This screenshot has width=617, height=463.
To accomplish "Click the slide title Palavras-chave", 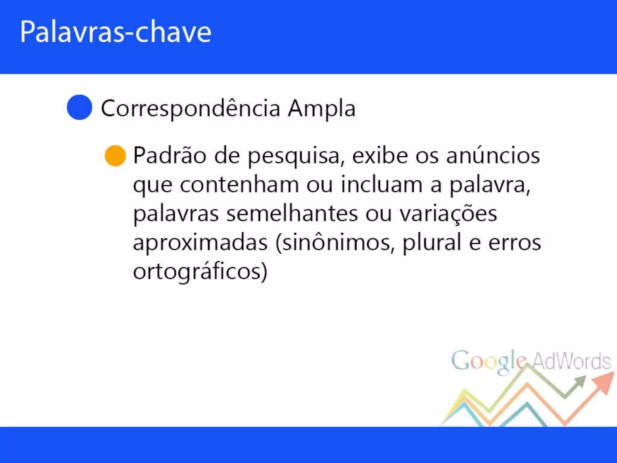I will (x=115, y=32).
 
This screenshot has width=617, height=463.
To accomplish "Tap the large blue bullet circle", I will (x=79, y=107).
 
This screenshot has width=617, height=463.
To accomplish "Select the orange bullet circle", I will (x=115, y=156).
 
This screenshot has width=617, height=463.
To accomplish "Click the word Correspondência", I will (x=190, y=109).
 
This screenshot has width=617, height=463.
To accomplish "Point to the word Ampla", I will (x=321, y=109).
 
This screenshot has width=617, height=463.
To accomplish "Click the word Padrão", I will (x=170, y=156).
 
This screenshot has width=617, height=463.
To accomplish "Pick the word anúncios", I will (x=493, y=156).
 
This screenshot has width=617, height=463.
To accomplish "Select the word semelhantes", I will (x=292, y=214).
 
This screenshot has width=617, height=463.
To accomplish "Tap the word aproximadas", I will (x=200, y=243).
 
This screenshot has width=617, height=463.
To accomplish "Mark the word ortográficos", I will (x=200, y=272).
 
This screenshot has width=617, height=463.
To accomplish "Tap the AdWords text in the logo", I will (x=571, y=361).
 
